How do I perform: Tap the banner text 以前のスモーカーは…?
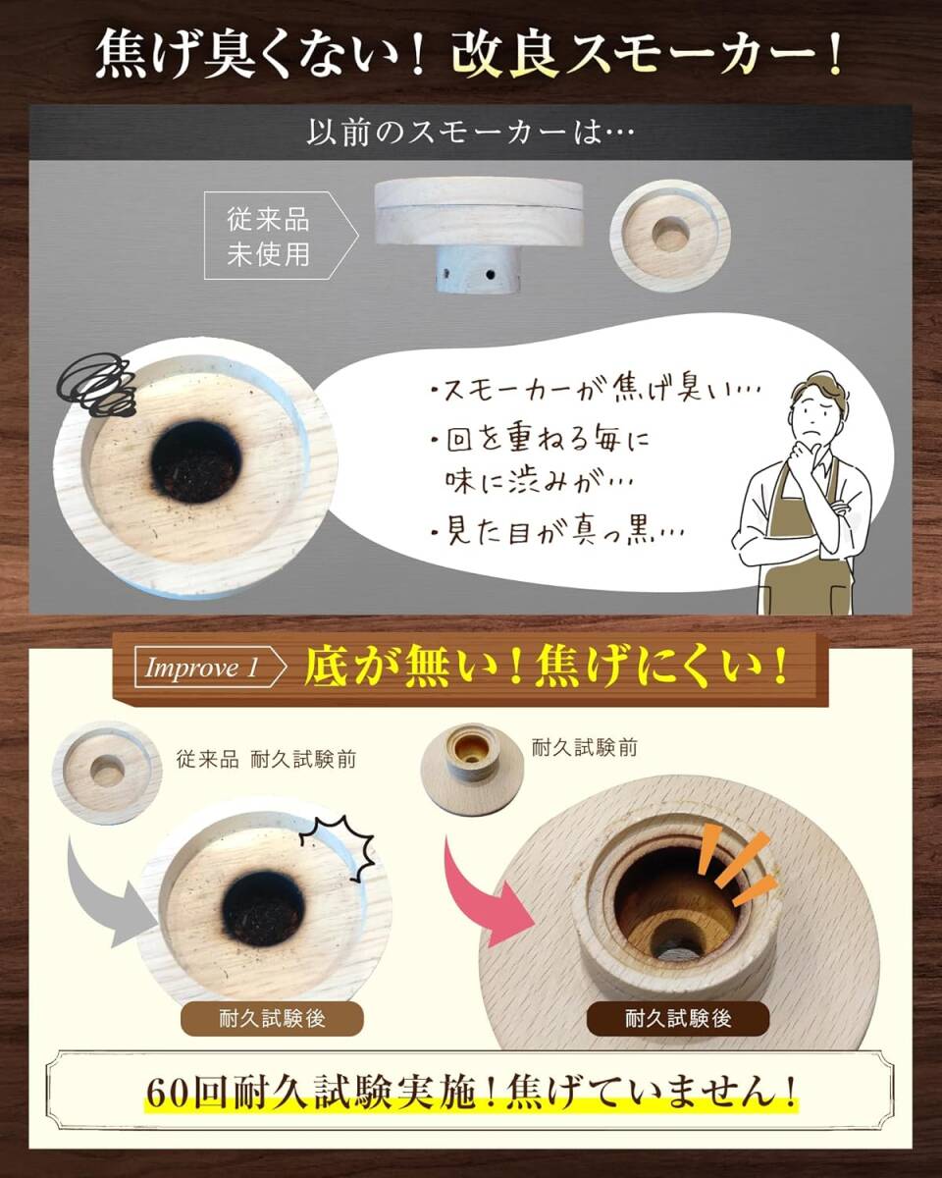tap(471, 132)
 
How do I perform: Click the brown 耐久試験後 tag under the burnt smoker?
tap(273, 1018)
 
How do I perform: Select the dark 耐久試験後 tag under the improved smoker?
tap(677, 1018)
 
